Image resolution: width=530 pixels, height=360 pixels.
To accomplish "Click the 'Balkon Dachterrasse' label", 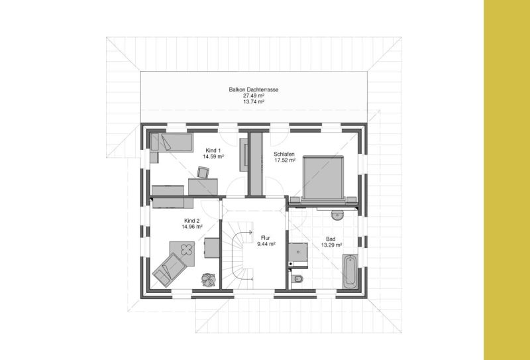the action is click(x=254, y=90).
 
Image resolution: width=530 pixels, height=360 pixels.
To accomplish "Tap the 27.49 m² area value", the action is click(x=254, y=95).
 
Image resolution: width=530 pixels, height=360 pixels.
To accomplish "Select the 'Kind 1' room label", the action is click(x=213, y=150).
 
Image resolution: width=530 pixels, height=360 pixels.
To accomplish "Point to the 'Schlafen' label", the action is click(x=284, y=154).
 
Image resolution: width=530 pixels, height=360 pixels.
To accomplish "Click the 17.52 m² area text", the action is click(x=285, y=160).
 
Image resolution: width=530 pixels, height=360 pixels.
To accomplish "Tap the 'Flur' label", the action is click(x=266, y=238).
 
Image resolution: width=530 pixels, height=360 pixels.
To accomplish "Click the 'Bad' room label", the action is click(x=331, y=239).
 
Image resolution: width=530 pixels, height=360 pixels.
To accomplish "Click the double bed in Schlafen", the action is click(x=323, y=178).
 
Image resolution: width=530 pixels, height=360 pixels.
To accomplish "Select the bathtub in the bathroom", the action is click(x=350, y=271).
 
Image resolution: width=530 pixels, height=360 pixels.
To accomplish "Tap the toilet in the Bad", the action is click(x=297, y=279).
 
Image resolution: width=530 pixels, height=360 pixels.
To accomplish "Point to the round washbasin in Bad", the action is click(x=337, y=215).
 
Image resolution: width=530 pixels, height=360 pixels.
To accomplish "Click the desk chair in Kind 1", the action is click(x=203, y=172).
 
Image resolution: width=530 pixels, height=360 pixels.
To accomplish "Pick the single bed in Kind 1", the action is click(x=172, y=143).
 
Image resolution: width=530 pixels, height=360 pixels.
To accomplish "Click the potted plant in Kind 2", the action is click(x=208, y=280).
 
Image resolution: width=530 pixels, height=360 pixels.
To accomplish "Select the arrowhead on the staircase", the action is click(x=250, y=232).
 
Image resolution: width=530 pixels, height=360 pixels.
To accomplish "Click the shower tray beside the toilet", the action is click(x=297, y=252).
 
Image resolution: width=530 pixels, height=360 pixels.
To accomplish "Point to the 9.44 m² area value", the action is click(x=266, y=244).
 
